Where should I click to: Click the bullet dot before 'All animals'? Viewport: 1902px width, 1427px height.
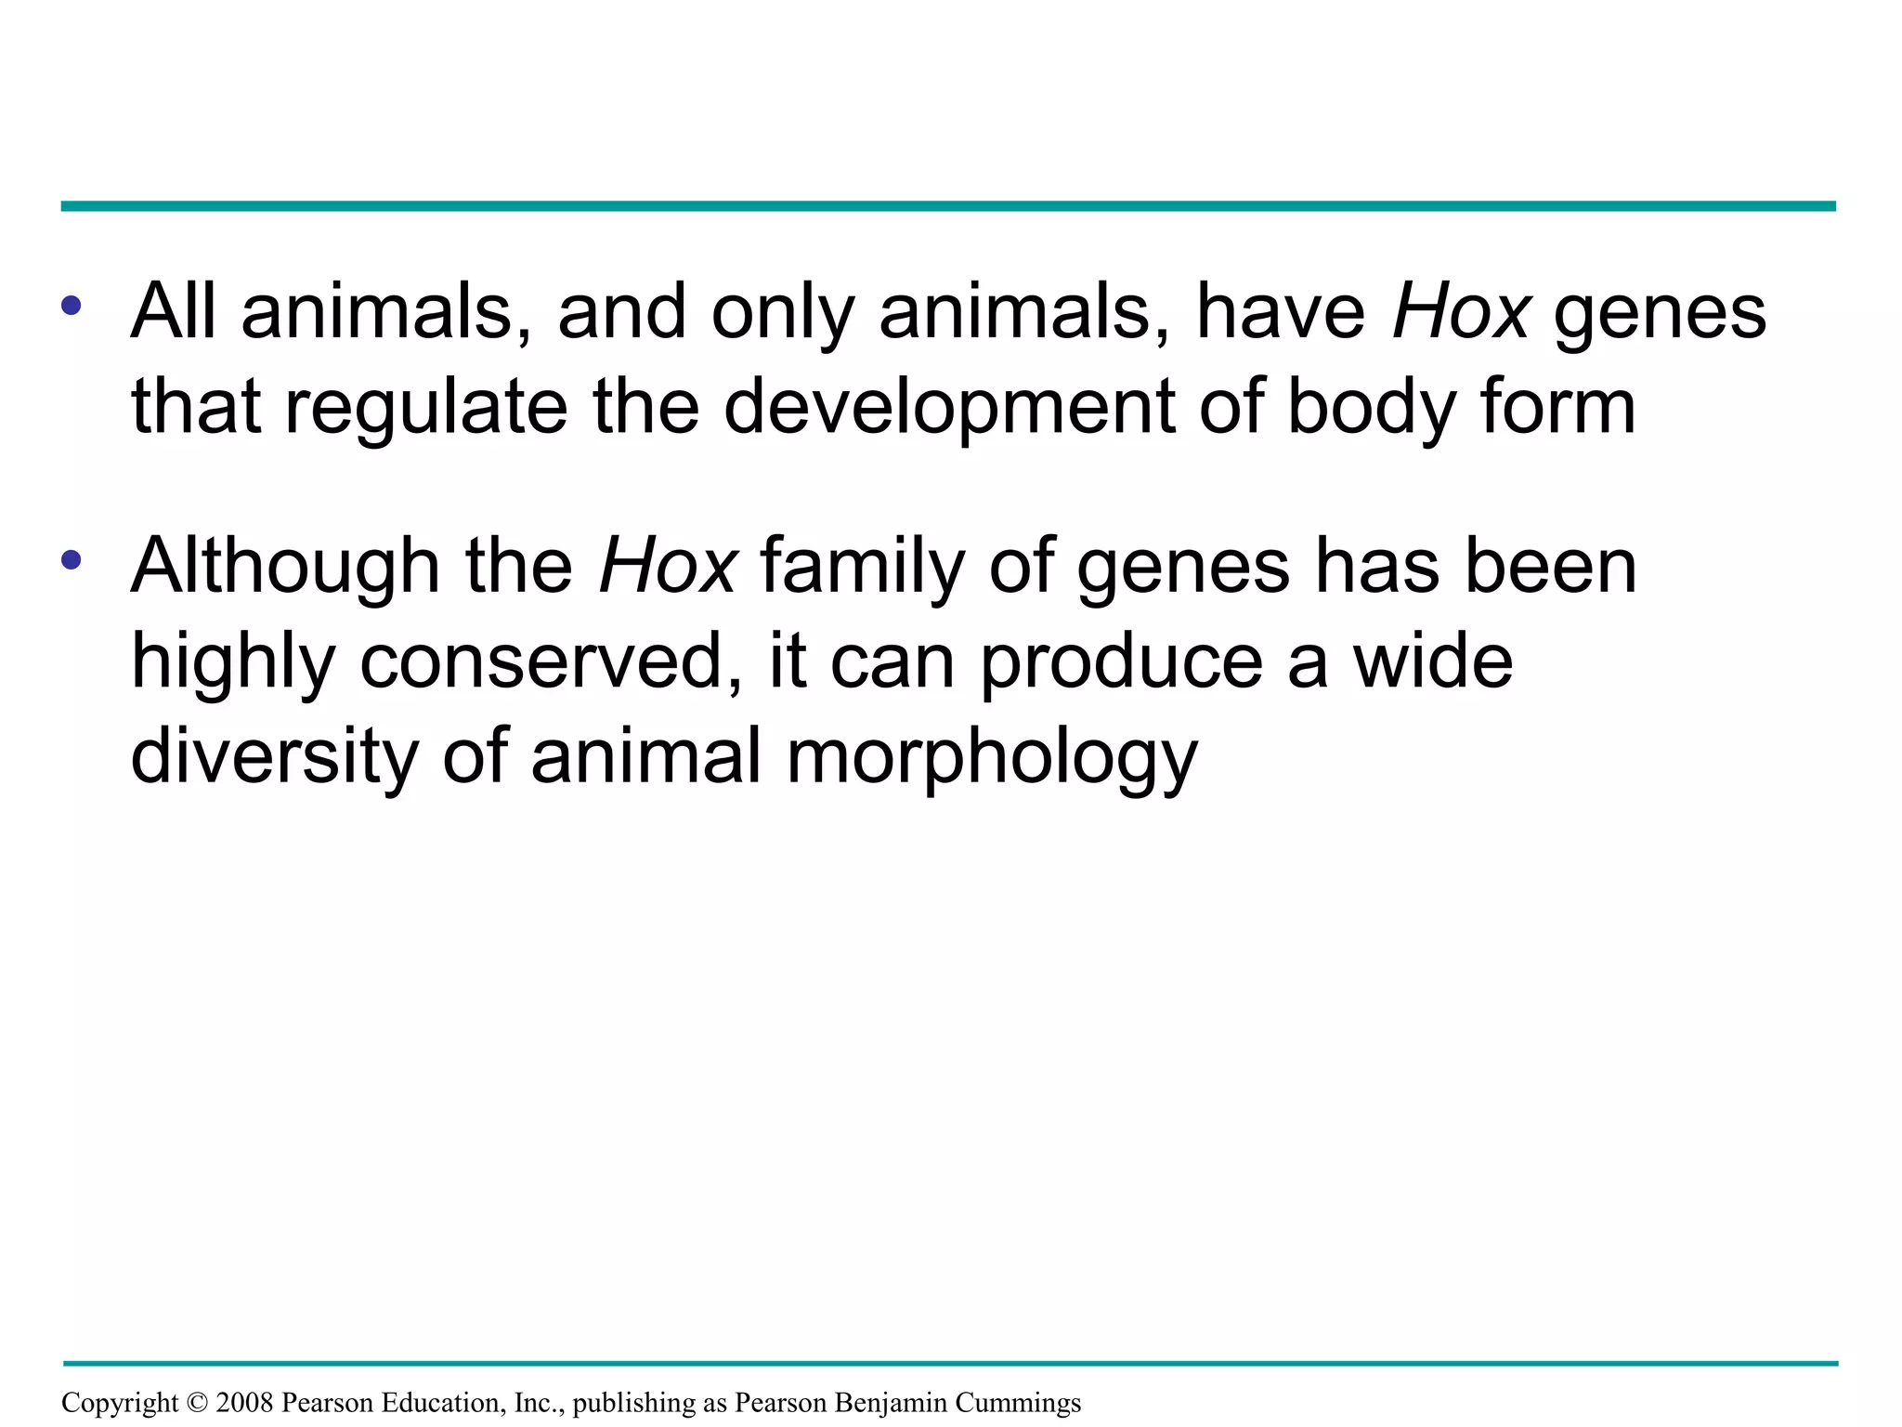pos(72,306)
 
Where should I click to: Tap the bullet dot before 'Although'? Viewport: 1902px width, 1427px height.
pos(72,560)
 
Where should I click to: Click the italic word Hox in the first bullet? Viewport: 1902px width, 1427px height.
pos(1461,312)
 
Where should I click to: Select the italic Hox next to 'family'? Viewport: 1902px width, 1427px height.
pos(668,567)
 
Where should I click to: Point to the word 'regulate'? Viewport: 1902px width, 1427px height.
pos(425,409)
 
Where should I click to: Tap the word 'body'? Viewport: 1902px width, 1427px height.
pos(1371,409)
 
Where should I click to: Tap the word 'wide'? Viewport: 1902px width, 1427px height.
pos(1433,661)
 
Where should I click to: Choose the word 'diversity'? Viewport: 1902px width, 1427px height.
pos(275,756)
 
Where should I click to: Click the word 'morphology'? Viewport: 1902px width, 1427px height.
pos(992,758)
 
